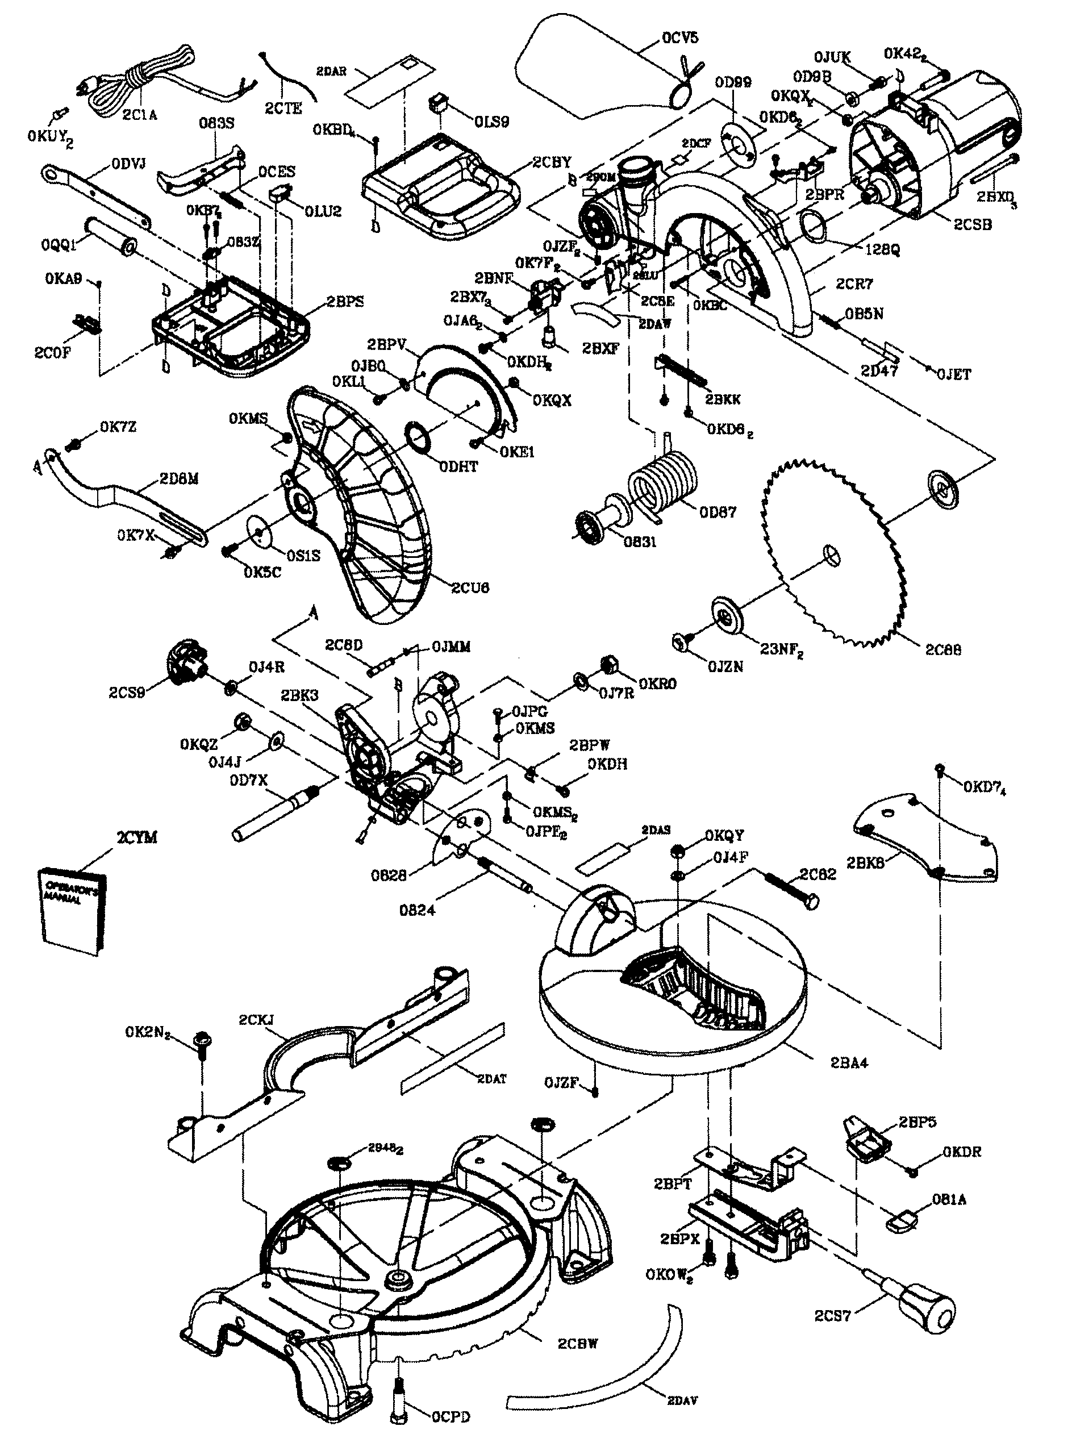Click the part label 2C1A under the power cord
click(x=139, y=115)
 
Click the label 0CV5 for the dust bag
click(x=679, y=37)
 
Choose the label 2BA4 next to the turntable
click(x=849, y=1062)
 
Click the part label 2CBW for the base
click(x=577, y=1343)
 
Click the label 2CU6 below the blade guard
click(x=470, y=587)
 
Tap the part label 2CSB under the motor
click(x=973, y=224)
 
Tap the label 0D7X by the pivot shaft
click(x=248, y=780)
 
